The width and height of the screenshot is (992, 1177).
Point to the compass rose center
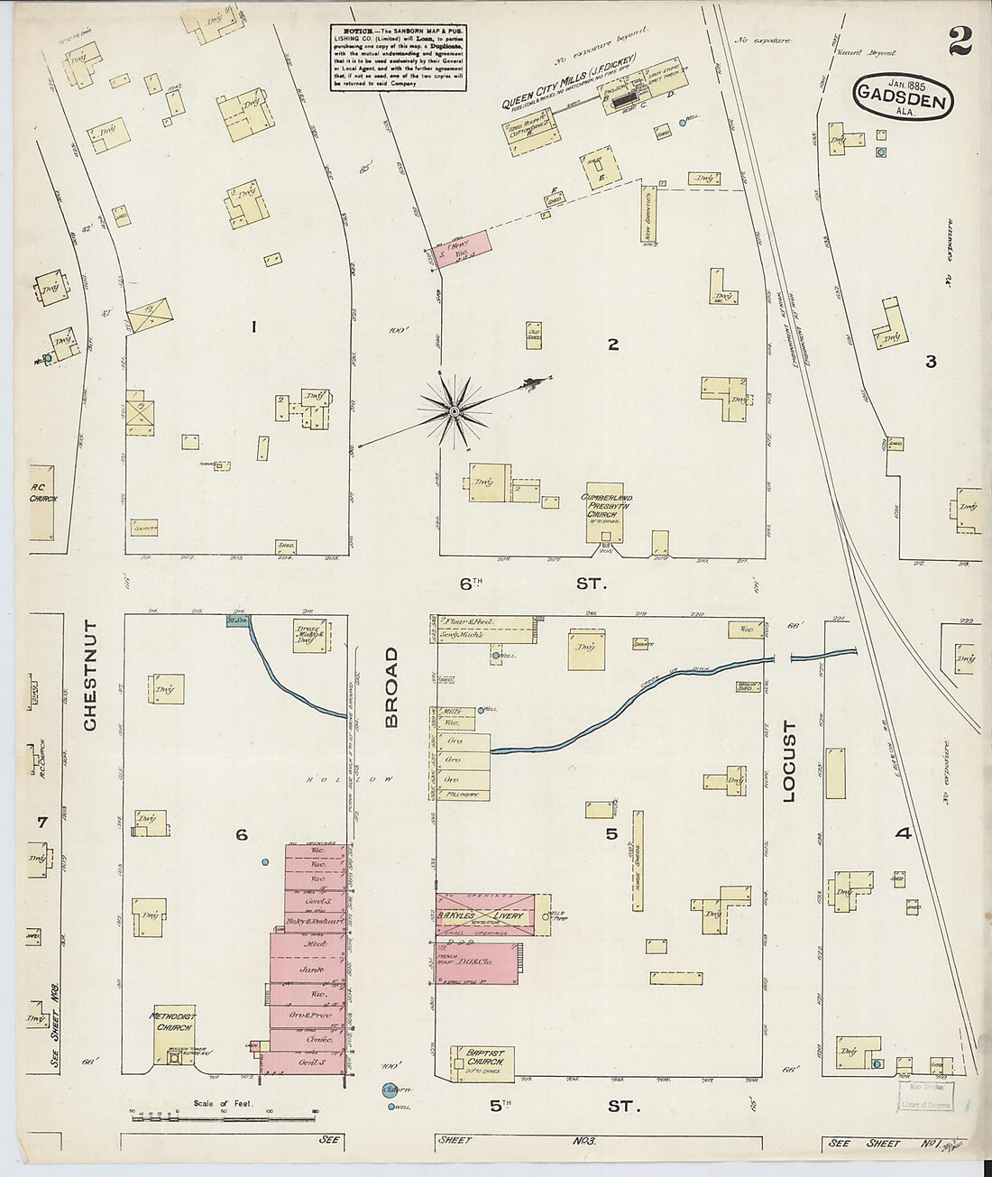pos(454,411)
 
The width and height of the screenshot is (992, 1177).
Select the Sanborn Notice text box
pos(398,56)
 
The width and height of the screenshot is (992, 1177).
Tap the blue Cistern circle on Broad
pos(390,1091)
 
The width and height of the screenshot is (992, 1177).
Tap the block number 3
pos(930,362)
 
